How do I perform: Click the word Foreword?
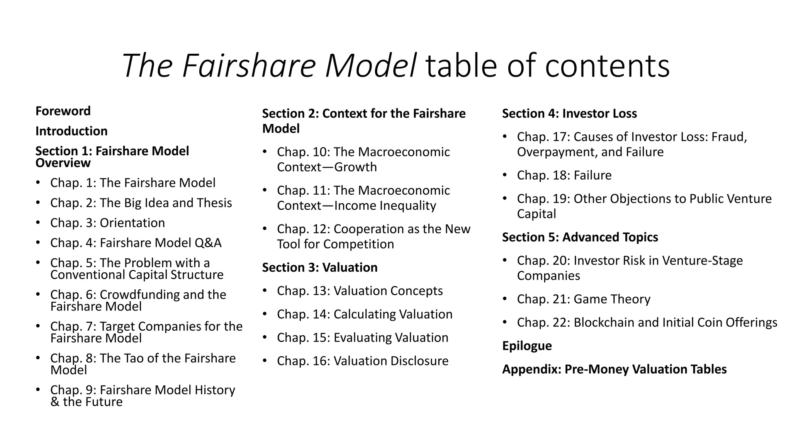(63, 111)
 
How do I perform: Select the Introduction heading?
(71, 131)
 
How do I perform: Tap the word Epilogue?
(527, 346)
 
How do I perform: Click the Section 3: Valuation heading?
(320, 267)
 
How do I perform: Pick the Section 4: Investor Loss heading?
(569, 114)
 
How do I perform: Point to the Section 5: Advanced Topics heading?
(580, 237)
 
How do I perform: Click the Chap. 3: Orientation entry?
(107, 223)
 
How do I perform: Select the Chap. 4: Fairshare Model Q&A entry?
(136, 243)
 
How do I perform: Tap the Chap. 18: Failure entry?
(564, 175)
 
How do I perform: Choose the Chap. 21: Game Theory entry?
(583, 299)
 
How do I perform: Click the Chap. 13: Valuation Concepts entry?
(360, 291)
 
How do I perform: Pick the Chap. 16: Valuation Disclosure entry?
(362, 361)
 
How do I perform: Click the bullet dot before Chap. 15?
(265, 337)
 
